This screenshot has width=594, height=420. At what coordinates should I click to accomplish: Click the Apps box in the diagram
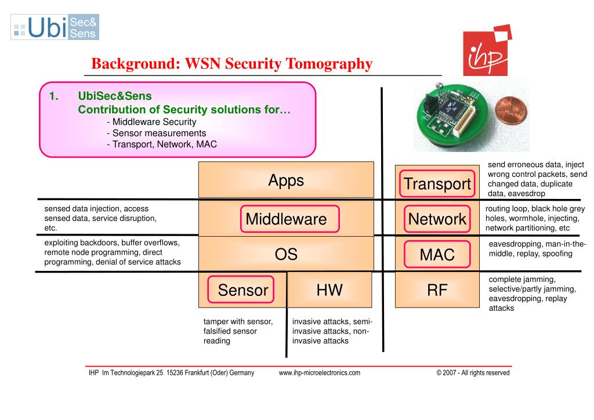point(286,180)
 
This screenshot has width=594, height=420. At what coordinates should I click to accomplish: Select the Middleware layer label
point(286,219)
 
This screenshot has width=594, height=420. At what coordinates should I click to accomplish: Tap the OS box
point(286,254)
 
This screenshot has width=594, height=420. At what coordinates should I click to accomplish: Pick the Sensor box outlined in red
point(243,290)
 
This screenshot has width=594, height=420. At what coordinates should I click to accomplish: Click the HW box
point(329,289)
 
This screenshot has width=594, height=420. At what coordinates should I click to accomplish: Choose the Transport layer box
point(437,184)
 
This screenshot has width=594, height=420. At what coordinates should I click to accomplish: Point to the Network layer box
point(437,219)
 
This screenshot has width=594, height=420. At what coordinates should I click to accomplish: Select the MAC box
point(437,254)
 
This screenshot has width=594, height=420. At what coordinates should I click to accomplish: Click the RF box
point(437,290)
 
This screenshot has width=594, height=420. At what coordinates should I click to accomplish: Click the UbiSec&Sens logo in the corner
point(55,27)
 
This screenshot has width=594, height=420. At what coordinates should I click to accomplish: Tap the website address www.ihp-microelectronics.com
point(320,373)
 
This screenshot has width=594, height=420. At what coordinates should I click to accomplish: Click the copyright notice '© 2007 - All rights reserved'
point(473,373)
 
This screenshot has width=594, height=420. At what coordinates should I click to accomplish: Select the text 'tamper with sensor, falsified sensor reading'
point(238,331)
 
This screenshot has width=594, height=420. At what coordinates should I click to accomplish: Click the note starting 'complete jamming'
point(532,294)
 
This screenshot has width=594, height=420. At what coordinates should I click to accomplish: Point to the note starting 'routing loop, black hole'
point(535,218)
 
